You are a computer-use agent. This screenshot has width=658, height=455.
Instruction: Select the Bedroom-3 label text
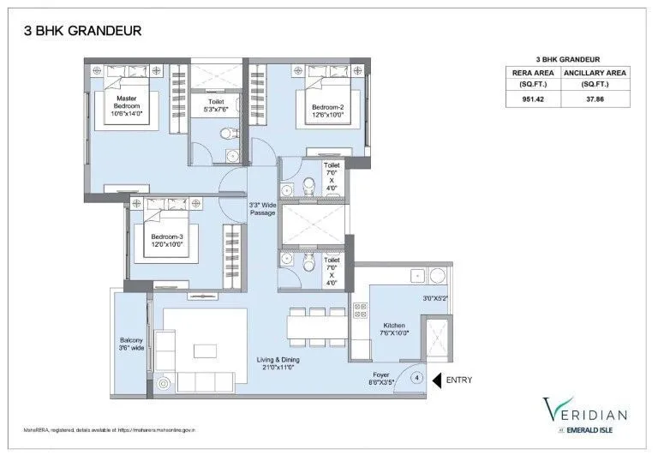click(168, 241)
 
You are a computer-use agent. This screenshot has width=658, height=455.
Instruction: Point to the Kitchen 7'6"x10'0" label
click(393, 329)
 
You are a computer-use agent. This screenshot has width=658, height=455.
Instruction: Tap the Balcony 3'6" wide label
click(129, 344)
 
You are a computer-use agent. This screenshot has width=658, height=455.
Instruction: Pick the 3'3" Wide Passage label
click(262, 208)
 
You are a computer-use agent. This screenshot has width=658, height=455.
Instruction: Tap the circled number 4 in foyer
click(416, 377)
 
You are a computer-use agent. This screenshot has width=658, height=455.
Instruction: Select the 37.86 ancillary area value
click(595, 99)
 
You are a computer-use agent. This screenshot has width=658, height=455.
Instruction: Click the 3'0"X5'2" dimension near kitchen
click(435, 298)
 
